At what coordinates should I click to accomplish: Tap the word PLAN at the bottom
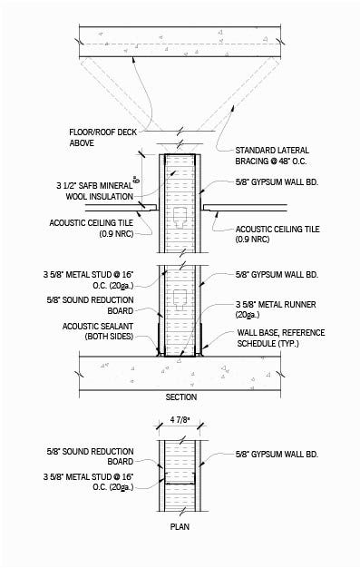tap(180, 525)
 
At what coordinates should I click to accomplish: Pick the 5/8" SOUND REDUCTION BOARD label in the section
tap(92, 303)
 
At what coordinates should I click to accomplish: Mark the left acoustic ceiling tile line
tap(141, 210)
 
